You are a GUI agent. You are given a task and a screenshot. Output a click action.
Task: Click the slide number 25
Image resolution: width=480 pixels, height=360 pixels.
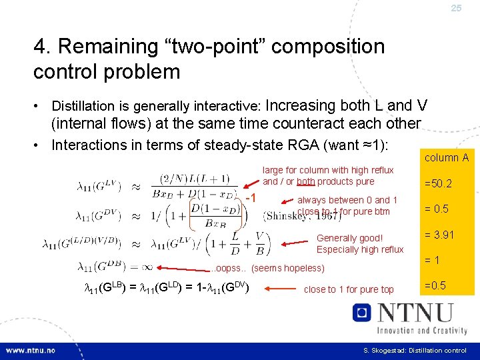coord(456,8)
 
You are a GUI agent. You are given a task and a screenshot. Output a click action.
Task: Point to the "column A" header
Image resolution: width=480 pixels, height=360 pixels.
coord(446,157)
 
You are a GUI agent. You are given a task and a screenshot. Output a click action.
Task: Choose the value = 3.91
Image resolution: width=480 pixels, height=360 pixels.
coord(439,234)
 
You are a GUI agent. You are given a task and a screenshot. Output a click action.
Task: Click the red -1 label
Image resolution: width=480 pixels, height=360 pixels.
coord(251,199)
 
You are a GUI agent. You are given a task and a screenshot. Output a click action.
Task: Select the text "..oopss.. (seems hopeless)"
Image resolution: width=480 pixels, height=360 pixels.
coord(268,268)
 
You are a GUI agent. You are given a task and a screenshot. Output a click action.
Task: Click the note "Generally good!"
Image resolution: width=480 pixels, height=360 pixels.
coord(349,238)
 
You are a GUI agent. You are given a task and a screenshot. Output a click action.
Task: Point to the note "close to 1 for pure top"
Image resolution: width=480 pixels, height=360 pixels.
coord(348,289)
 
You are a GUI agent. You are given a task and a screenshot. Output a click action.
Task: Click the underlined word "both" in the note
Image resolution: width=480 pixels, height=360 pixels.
coord(306,181)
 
